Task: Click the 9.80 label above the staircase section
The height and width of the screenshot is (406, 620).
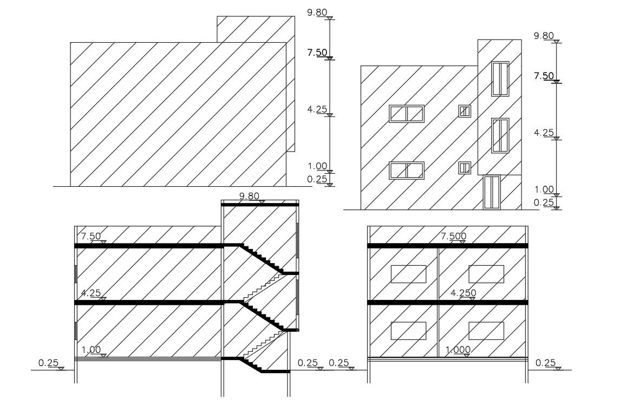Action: [x=250, y=196]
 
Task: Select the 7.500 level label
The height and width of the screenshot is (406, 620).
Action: [x=454, y=236]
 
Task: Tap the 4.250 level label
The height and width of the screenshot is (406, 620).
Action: [x=463, y=293]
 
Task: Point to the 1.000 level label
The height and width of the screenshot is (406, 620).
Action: [x=458, y=350]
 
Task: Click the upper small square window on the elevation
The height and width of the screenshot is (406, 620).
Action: [x=465, y=111]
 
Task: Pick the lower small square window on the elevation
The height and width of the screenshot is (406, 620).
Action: [x=465, y=168]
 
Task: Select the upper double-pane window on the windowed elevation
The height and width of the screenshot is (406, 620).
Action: [x=407, y=114]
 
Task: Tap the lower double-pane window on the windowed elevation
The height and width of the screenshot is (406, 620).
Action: [x=407, y=170]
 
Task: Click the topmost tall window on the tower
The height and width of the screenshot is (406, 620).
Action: [x=500, y=79]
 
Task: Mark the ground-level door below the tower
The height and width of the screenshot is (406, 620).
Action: [x=492, y=192]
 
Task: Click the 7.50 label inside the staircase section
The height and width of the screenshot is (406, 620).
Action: [x=90, y=236]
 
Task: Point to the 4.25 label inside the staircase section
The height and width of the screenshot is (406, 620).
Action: [x=90, y=293]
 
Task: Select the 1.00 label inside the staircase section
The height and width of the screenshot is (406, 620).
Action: [x=91, y=350]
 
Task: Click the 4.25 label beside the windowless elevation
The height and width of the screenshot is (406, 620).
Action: [x=317, y=109]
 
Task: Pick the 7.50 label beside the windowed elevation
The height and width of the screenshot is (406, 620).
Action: [x=544, y=76]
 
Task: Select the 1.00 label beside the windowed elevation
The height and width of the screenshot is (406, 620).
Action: [x=544, y=189]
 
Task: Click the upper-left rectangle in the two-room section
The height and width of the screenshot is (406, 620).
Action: [x=408, y=274]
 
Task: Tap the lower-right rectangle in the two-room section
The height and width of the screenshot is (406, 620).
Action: [x=486, y=331]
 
